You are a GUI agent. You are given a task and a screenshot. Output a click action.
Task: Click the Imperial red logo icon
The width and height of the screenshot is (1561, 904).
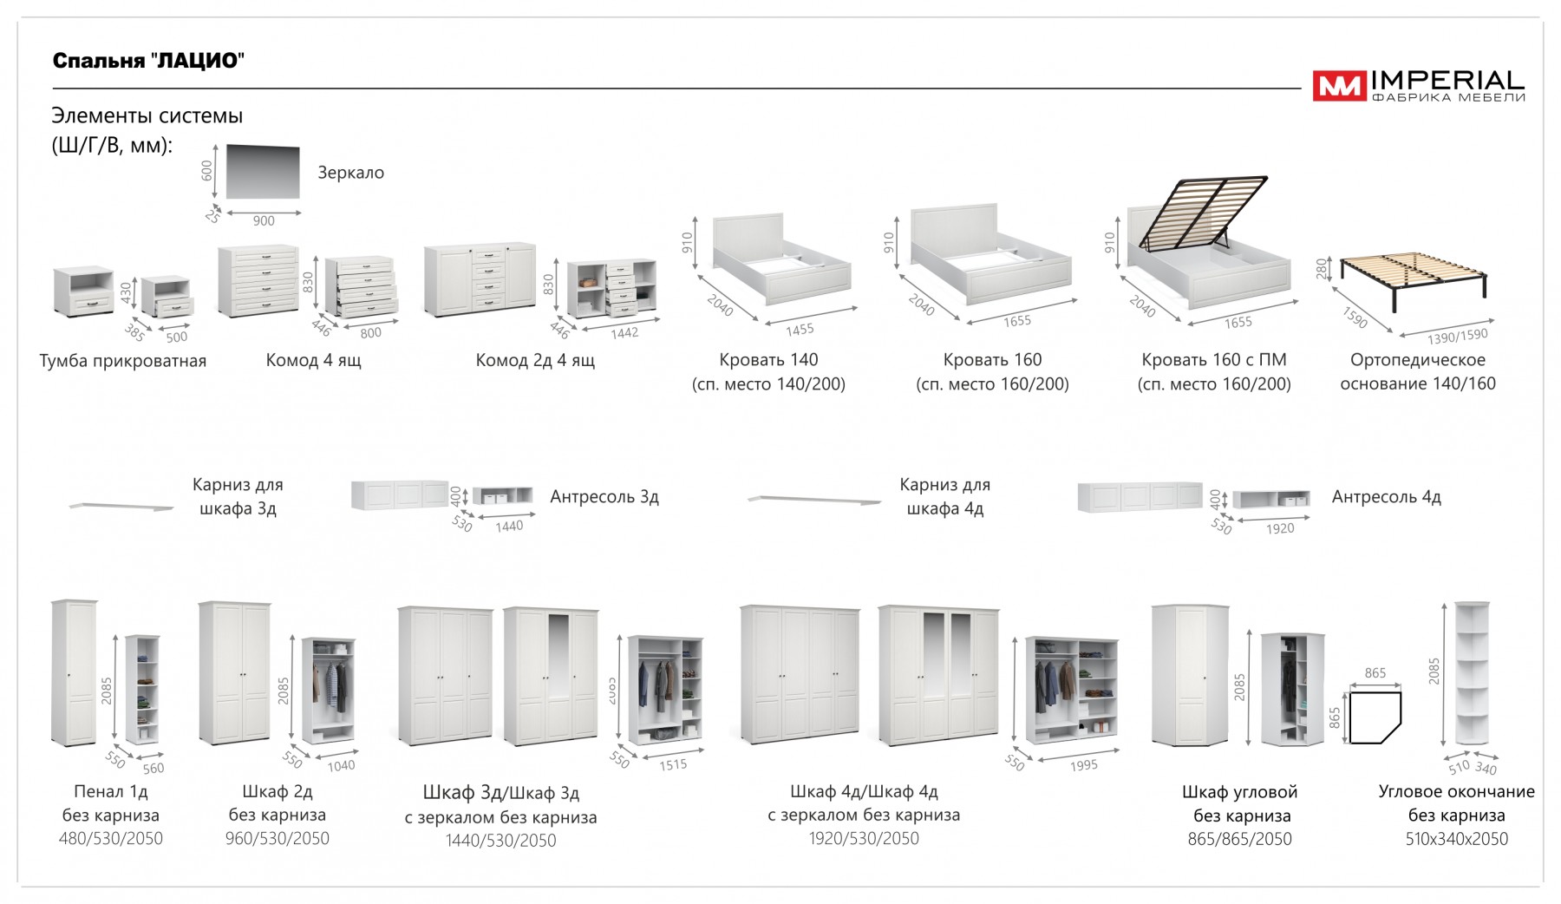pos(1339,86)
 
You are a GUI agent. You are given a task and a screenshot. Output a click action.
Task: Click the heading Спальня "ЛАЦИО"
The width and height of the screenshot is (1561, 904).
pos(148,61)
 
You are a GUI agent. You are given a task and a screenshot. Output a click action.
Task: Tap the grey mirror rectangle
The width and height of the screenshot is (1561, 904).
pos(263,172)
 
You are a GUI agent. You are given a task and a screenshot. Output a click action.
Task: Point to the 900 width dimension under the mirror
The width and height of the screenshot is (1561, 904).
pos(264,221)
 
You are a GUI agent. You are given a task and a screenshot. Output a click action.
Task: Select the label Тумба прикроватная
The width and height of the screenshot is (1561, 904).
pos(123,361)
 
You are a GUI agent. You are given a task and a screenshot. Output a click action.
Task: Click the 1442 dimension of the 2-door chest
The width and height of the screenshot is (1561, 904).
pos(624,332)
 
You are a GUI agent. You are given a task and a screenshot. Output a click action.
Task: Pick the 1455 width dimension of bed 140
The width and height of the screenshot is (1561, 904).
pos(800,330)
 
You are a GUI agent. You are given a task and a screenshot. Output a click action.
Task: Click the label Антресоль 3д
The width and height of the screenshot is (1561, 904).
pos(604,497)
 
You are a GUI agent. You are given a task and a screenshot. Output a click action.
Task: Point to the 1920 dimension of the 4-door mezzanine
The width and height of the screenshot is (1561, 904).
pos(1280,528)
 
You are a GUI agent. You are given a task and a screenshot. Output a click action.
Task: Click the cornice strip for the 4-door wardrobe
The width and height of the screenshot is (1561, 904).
pos(813,500)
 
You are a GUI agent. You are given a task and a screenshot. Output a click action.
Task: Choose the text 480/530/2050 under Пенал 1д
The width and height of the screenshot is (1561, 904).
pos(111,839)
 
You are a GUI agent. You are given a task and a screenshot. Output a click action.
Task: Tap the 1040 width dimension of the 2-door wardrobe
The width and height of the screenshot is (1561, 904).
pos(341,765)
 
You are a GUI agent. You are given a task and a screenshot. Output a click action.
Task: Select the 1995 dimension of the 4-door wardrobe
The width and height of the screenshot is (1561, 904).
pos(1083,765)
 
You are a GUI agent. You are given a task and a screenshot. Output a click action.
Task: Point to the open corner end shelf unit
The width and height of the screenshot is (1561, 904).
pos(1472,673)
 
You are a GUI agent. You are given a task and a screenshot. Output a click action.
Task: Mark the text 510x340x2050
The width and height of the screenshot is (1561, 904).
pos(1456,839)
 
